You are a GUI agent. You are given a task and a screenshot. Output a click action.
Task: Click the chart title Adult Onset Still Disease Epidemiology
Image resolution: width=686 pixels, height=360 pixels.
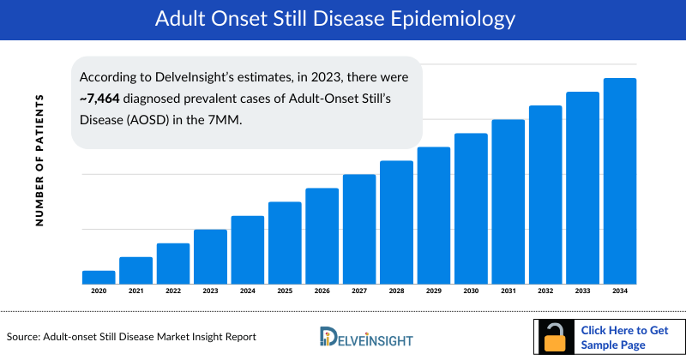[x=342, y=18]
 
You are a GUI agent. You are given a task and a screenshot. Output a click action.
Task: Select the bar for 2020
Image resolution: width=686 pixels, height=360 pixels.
[x=99, y=277]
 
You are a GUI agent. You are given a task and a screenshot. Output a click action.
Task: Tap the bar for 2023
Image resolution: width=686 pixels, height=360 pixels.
[x=210, y=256]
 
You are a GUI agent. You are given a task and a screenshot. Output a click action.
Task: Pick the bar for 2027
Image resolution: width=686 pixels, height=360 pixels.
[x=359, y=229]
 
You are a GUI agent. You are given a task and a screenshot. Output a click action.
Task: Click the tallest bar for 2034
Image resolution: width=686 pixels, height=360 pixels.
[x=620, y=181]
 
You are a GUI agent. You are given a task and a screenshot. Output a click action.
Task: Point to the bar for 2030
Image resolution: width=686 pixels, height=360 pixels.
[x=471, y=208]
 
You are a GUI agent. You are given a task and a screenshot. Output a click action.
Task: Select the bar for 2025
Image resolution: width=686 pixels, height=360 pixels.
[x=285, y=243]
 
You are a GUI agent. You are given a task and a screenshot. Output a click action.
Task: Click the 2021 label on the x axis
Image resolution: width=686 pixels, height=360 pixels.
[x=135, y=291]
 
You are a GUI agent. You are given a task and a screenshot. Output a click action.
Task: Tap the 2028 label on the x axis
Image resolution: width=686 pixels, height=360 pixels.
[x=396, y=291]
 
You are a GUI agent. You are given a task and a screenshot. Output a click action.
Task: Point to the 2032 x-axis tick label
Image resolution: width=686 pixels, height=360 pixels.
[x=545, y=291]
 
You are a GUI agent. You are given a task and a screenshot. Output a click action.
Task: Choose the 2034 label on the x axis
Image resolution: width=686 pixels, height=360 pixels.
[x=620, y=291]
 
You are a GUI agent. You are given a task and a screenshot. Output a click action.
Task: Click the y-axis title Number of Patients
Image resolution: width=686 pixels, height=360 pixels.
[x=39, y=160]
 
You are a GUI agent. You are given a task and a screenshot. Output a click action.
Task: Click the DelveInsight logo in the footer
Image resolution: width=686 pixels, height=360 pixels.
[x=364, y=336]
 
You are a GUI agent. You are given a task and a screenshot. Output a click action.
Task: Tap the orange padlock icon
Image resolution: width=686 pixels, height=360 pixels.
[x=557, y=339]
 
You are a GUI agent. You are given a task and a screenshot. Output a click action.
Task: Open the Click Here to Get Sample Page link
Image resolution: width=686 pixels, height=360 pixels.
[x=624, y=337]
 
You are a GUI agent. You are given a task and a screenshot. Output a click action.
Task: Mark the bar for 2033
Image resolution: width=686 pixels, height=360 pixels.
[x=583, y=188]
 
